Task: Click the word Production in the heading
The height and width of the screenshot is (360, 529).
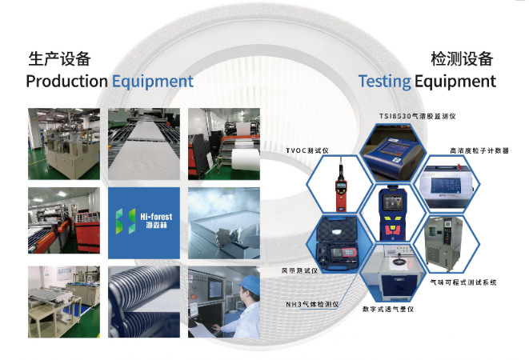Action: pos(66,82)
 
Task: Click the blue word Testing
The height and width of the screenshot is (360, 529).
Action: pos(384,82)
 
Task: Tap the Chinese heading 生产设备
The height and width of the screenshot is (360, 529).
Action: pos(59,58)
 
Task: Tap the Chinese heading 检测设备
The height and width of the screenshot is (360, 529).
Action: pos(462,58)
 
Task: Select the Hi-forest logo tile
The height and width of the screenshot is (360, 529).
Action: pos(144,223)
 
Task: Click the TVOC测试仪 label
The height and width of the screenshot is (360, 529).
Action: pos(307,150)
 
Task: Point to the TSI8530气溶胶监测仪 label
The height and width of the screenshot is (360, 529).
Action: pos(417,116)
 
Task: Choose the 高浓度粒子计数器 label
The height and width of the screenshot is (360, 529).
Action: pos(479,150)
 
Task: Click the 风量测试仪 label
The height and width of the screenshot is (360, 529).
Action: pos(299,270)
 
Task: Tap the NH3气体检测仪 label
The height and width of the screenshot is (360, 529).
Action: pos(312,304)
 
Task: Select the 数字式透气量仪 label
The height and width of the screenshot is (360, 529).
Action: pos(388,309)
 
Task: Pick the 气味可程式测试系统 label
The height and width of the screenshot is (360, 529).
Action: pos(463,282)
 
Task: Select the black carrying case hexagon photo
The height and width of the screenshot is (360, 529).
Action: pos(339,243)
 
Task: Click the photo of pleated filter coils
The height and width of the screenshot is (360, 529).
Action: pos(144,302)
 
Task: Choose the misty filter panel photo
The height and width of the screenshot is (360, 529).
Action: pos(224,223)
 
